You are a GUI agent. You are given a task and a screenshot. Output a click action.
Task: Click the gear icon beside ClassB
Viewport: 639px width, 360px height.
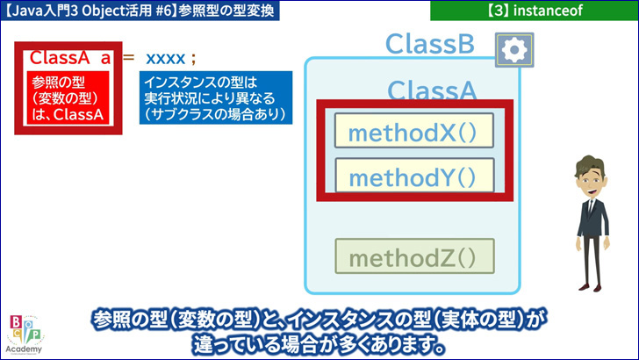pos(514,50)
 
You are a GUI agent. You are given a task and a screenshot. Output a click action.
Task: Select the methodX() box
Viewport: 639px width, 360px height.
pos(414,131)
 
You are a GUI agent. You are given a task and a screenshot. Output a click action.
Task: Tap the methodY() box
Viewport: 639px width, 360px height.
pos(414,176)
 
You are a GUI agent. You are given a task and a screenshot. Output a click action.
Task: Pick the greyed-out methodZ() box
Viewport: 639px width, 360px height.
pos(414,256)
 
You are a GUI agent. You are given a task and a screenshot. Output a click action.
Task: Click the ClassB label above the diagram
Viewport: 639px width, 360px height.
pos(430,44)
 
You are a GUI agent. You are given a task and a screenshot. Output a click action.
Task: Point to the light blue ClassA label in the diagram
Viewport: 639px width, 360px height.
pos(432,90)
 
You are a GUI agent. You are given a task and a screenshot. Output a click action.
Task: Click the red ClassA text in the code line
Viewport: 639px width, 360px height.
pos(60,58)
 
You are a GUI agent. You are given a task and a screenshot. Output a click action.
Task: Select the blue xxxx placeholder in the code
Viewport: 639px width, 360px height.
pos(165,59)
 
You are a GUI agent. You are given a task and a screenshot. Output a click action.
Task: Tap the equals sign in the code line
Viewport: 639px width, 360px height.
pos(128,57)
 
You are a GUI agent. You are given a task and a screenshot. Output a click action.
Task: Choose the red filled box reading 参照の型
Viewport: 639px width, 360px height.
pos(68,97)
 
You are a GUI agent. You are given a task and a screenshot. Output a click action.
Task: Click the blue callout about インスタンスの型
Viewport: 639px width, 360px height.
pos(216,97)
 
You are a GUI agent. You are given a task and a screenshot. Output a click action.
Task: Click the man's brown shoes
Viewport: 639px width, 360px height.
pos(590,287)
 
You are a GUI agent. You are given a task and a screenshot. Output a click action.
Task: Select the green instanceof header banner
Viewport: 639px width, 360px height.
pos(535,11)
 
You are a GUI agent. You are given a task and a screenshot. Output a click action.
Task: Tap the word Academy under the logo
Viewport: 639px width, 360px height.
pos(24,349)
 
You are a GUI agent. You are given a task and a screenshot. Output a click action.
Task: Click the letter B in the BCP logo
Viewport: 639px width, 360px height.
pos(16,322)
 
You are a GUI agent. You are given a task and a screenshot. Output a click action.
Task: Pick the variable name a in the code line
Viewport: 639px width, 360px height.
pos(105,59)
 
